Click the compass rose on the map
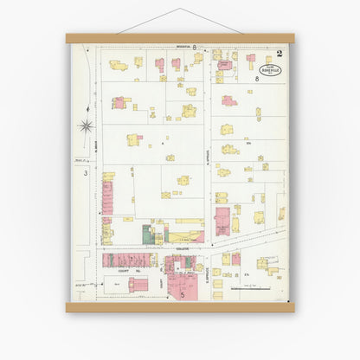86,125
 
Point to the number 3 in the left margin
85,174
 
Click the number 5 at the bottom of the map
182,294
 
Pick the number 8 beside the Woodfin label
195,47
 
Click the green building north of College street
147,234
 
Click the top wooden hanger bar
180,38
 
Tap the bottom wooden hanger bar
180,306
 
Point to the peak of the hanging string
180,10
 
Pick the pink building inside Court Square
138,283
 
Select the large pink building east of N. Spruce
222,220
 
